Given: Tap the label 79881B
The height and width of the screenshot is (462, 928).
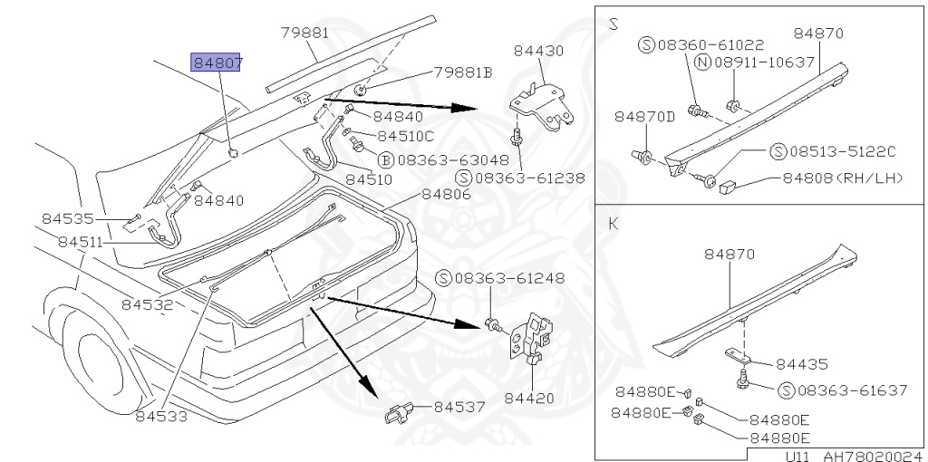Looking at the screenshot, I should [462, 72].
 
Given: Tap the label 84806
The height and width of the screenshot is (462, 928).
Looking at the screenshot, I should [446, 194].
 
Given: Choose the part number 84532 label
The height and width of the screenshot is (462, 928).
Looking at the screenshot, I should [146, 305].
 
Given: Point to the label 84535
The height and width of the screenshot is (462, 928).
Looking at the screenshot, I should [68, 219].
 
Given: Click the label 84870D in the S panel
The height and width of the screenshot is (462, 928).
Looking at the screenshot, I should [644, 117].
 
